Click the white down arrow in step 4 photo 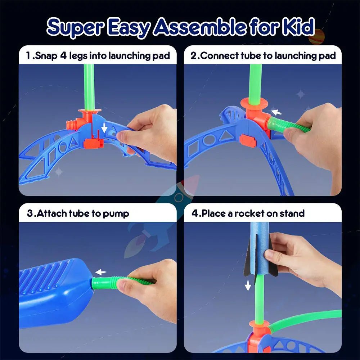(x=248, y=286)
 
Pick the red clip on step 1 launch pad (x=94, y=143)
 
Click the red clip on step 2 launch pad (x=248, y=140)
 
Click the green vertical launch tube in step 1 (x=89, y=86)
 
